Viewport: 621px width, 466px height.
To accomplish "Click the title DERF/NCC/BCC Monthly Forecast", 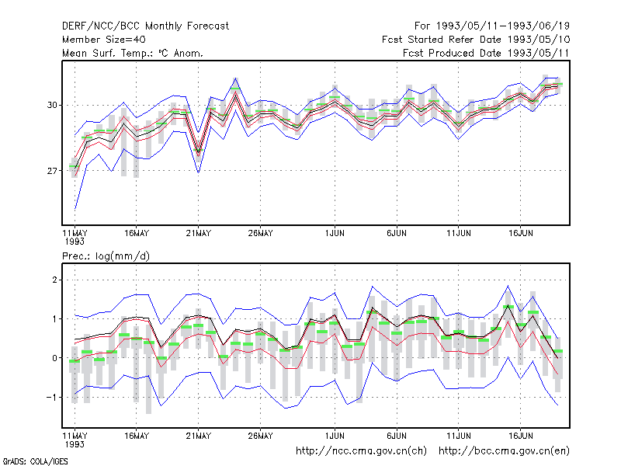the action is pyautogui.click(x=145, y=26).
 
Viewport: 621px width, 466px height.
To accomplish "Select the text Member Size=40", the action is pyautogui.click(x=104, y=40).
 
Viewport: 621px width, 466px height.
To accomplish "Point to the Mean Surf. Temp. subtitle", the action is pyautogui.click(x=133, y=53).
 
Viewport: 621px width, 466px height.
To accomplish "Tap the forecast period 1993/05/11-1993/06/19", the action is pyautogui.click(x=492, y=26).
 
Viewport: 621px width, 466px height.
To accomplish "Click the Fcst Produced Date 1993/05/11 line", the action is pyautogui.click(x=486, y=53).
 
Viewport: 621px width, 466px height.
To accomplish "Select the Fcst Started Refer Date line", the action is pyautogui.click(x=476, y=40).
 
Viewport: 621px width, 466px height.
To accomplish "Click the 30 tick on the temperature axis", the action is pyautogui.click(x=52, y=105).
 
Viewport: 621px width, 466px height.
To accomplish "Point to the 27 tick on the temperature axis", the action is pyautogui.click(x=52, y=171).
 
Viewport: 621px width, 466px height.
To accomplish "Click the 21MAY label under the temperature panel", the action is pyautogui.click(x=199, y=233).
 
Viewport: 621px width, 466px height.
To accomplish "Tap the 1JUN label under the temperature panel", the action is pyautogui.click(x=335, y=233).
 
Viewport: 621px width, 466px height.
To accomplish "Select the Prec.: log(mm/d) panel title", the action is pyautogui.click(x=106, y=256).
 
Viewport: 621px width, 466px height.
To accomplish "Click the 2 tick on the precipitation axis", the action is pyautogui.click(x=54, y=280).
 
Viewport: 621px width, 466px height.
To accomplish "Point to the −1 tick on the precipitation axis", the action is pyautogui.click(x=52, y=397).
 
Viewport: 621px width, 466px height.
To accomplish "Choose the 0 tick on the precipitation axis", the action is pyautogui.click(x=54, y=358).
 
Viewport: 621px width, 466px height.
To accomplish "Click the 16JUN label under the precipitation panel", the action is pyautogui.click(x=520, y=436).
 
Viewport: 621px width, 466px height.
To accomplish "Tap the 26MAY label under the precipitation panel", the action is pyautogui.click(x=260, y=436).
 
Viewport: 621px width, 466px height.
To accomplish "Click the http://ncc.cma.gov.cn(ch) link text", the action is pyautogui.click(x=361, y=451).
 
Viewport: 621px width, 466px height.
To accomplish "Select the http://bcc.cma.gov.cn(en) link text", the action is pyautogui.click(x=504, y=451).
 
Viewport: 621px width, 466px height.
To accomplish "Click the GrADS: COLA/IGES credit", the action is pyautogui.click(x=35, y=461).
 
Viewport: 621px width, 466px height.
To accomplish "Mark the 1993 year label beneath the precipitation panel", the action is pyautogui.click(x=75, y=444).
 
